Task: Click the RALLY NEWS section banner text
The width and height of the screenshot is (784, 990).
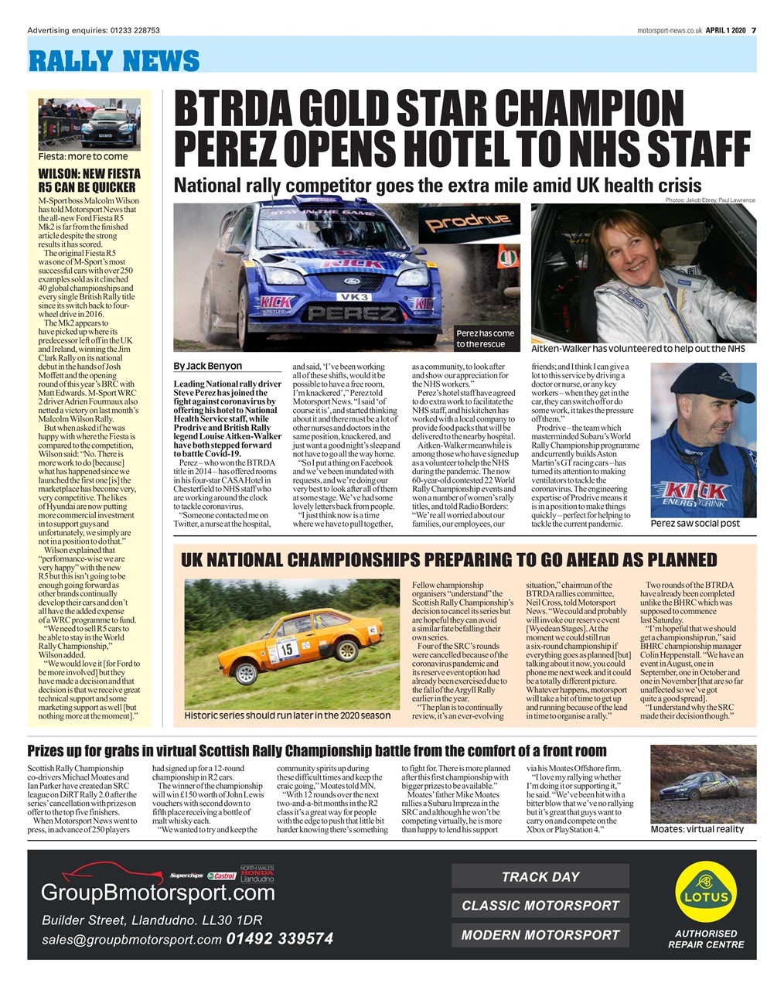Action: tap(114, 60)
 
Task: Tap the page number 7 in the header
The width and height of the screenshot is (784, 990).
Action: tap(753, 30)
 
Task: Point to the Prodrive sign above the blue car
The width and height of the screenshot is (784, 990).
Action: tap(469, 224)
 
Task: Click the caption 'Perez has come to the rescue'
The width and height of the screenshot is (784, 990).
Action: tap(485, 339)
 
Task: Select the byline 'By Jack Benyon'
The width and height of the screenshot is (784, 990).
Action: tap(208, 366)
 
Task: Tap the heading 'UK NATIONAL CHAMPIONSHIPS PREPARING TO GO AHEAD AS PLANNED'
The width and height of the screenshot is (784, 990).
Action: tap(448, 560)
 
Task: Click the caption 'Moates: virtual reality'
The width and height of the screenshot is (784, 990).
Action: tap(697, 828)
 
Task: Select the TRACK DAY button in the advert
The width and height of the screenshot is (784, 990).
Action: tap(540, 876)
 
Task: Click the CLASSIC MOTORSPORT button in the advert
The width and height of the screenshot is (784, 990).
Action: tap(540, 905)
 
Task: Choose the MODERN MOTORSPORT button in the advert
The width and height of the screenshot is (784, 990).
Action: tap(540, 934)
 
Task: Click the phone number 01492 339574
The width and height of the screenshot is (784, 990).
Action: tap(280, 939)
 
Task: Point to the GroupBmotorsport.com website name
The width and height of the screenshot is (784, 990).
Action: tap(158, 893)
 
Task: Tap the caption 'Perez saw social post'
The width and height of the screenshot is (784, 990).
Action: tap(695, 524)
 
